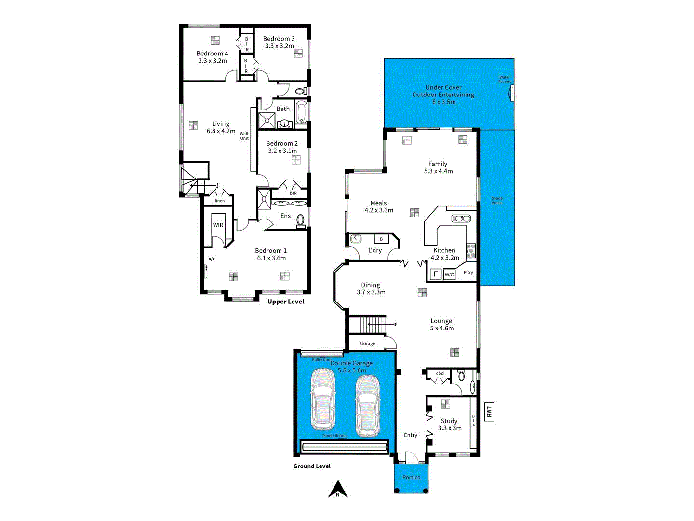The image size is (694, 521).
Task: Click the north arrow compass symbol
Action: [338, 489]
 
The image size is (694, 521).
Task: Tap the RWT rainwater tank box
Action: [489, 411]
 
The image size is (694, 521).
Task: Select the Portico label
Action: [411, 477]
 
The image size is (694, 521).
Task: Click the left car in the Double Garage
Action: [323, 399]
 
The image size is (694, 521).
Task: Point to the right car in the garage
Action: [367, 406]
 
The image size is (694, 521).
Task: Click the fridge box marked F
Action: [436, 274]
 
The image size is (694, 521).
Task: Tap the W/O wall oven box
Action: [449, 274]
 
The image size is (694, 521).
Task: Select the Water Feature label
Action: [505, 79]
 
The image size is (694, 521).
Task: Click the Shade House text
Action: [497, 200]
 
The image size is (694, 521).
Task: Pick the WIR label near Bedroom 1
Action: [218, 225]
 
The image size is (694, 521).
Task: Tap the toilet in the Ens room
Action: [301, 220]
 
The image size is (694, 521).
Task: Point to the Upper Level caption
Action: [286, 302]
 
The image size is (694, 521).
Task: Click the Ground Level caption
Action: [312, 466]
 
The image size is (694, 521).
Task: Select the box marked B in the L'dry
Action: [381, 239]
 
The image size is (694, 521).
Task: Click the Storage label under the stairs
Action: [367, 343]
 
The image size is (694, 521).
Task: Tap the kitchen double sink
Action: [461, 219]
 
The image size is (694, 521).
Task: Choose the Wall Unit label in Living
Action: [244, 136]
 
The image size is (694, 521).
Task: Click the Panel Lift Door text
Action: [335, 436]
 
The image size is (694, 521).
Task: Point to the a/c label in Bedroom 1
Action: [212, 259]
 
